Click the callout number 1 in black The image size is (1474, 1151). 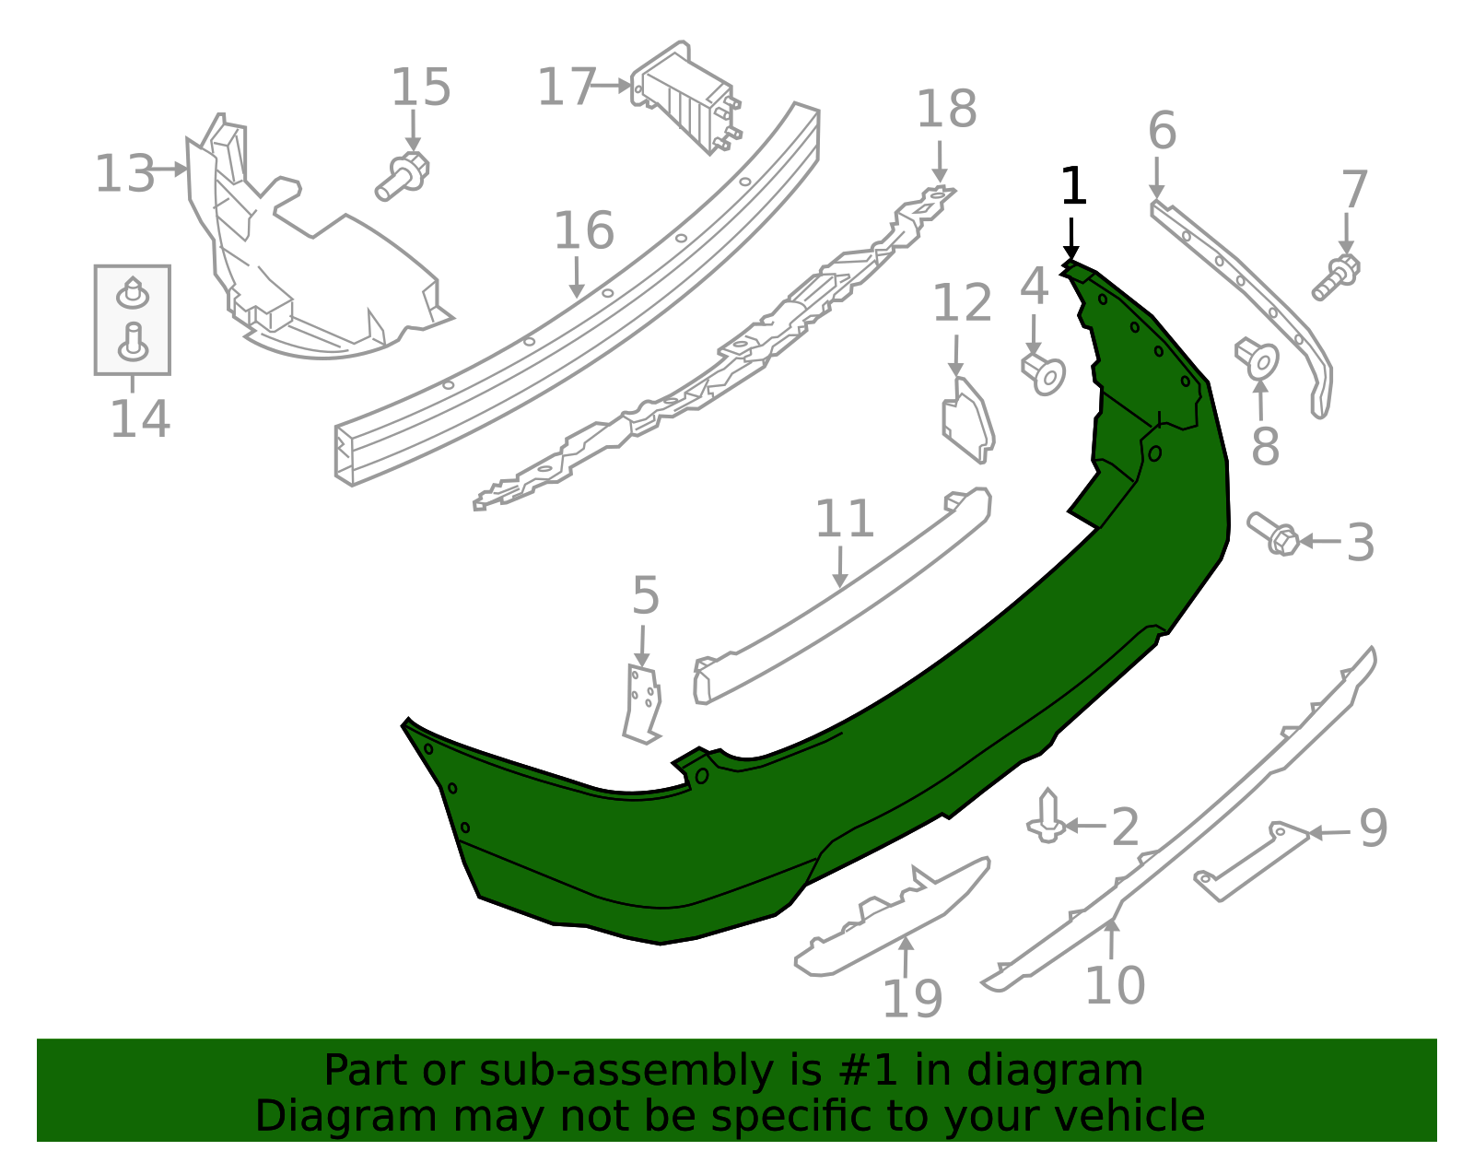point(1073,187)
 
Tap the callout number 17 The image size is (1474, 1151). point(567,88)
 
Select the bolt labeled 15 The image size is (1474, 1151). point(403,176)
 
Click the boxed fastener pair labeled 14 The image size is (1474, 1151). point(133,320)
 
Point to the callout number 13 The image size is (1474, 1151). point(124,174)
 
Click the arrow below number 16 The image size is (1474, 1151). point(578,276)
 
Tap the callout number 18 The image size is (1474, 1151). point(946,110)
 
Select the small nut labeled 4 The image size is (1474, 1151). point(1044,372)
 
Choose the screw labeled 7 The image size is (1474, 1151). point(1337,276)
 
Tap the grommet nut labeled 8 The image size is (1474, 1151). point(1258,358)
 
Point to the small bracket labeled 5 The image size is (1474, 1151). point(642,703)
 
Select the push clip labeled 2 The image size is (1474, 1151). point(1047,816)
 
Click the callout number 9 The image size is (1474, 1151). point(1373,828)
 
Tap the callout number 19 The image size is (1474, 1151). point(912,999)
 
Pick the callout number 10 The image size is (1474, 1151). point(1115,986)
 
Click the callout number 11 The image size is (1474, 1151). point(844,520)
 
